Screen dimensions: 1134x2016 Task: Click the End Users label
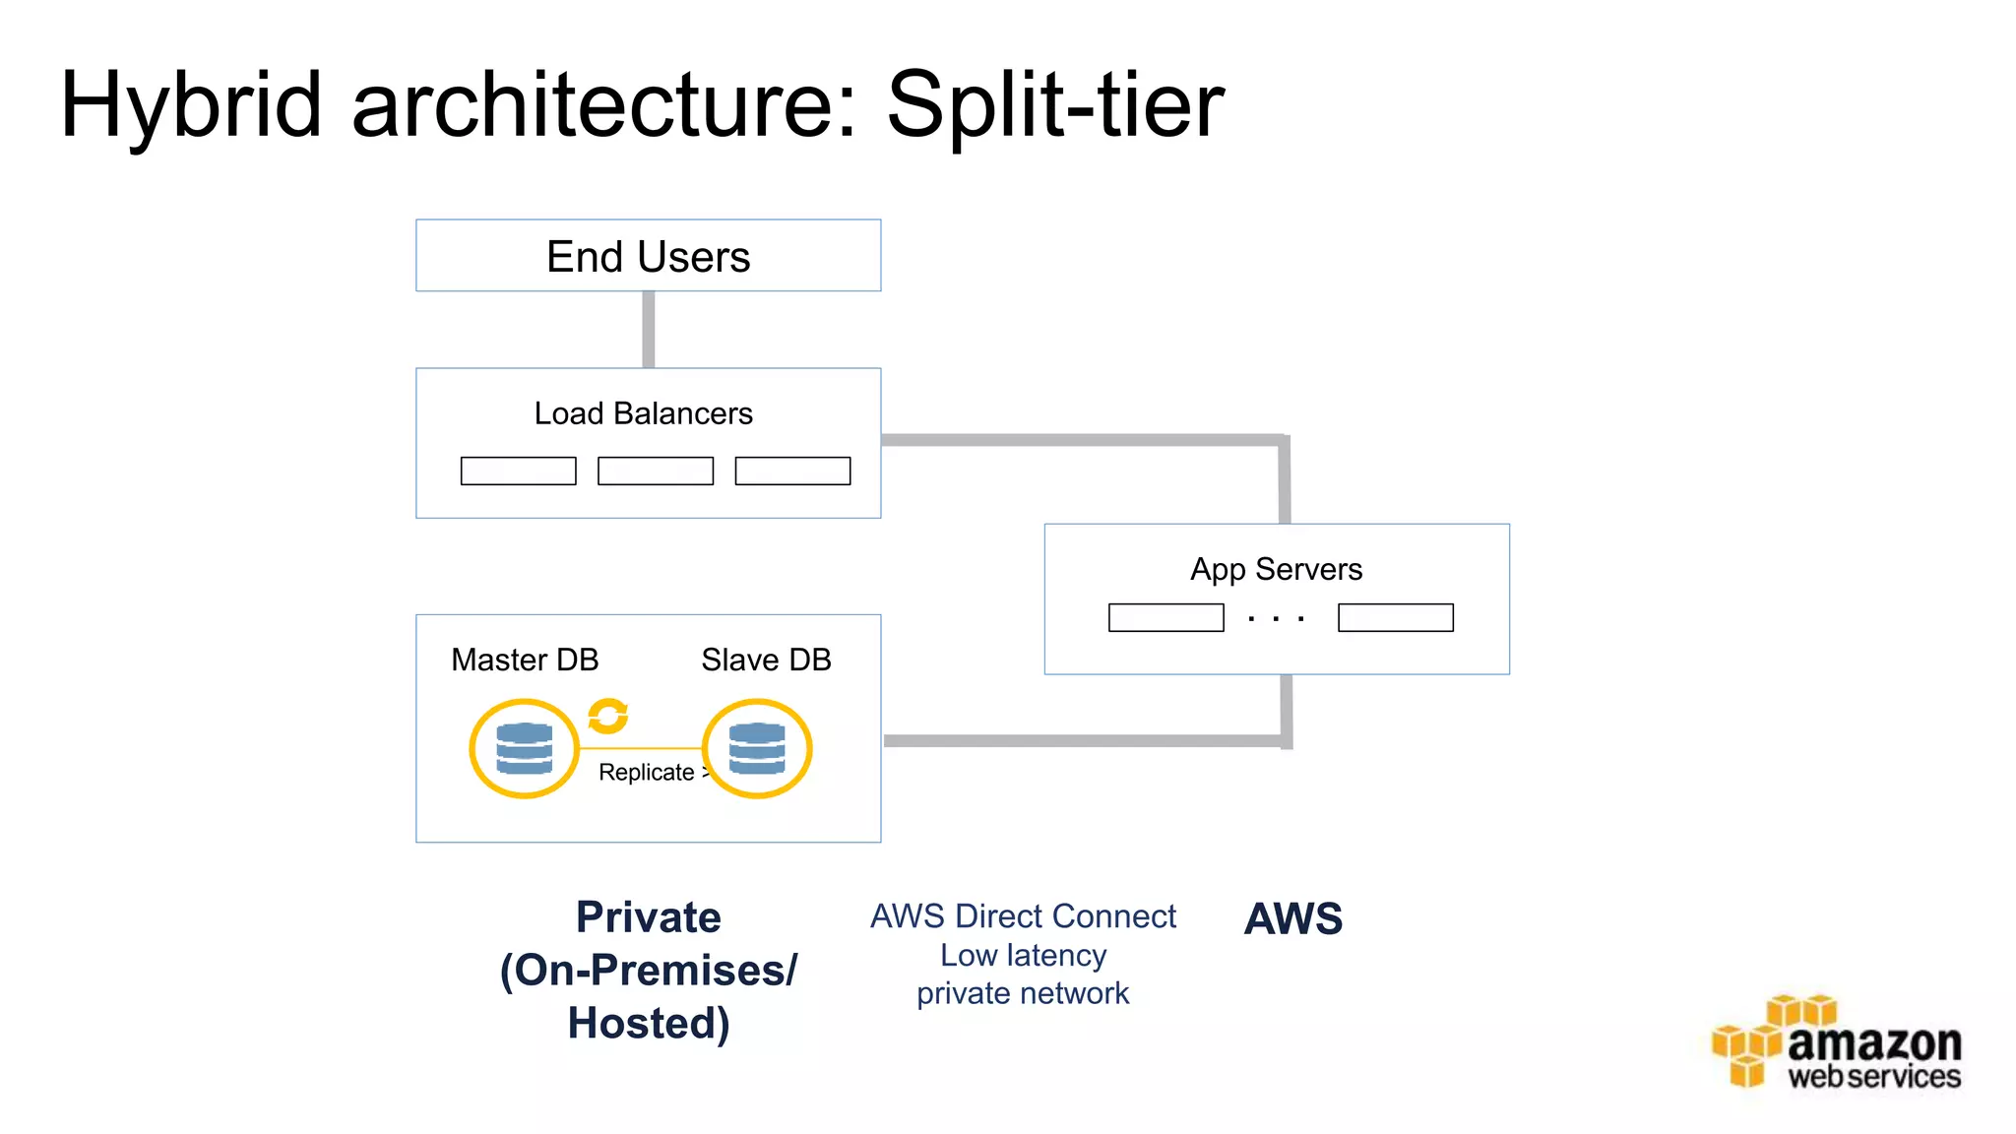click(x=648, y=257)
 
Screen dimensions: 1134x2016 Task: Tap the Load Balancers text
click(x=643, y=413)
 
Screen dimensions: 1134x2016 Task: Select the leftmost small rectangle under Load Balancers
click(x=518, y=471)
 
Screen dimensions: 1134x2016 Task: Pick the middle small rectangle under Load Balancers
click(x=655, y=471)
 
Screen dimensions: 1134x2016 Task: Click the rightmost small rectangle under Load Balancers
click(x=792, y=471)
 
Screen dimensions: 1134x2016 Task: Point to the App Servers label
click(x=1276, y=569)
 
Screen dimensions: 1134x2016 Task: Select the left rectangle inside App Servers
click(x=1165, y=617)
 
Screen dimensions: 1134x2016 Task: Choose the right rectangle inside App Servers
click(x=1395, y=617)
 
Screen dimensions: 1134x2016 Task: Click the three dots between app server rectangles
click(x=1276, y=619)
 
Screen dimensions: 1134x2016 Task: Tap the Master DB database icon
click(x=524, y=748)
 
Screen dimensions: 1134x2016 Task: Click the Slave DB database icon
click(x=757, y=748)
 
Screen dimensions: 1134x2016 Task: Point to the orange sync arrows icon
click(x=607, y=716)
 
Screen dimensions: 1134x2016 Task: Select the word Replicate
click(x=646, y=773)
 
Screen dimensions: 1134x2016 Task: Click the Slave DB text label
click(x=766, y=660)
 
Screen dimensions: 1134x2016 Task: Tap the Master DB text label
click(x=525, y=660)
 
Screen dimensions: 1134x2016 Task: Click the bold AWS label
click(x=1292, y=918)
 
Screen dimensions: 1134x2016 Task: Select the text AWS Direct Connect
click(x=1023, y=916)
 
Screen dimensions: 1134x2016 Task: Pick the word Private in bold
click(x=648, y=917)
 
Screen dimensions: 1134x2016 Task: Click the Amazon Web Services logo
click(x=1837, y=1043)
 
